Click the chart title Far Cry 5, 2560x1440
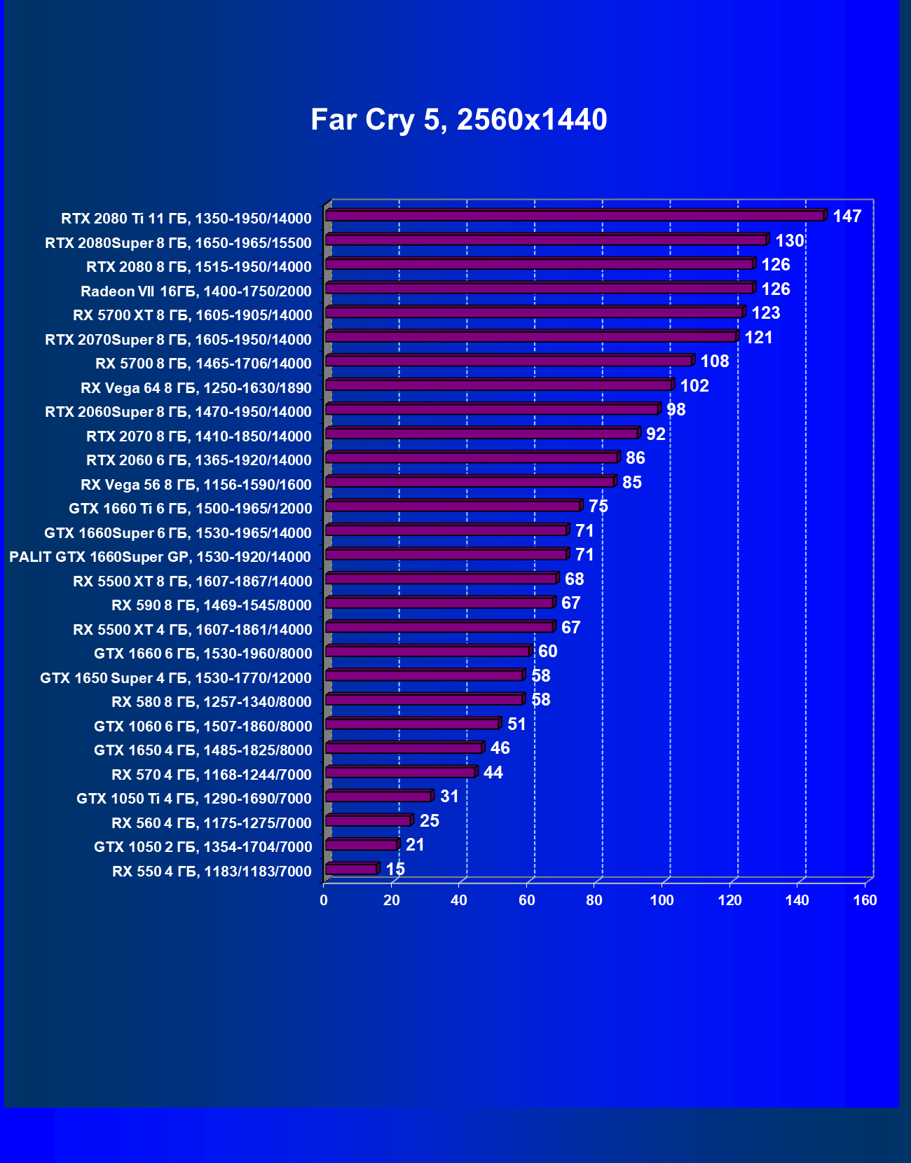click(x=458, y=120)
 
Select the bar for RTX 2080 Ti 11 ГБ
click(x=575, y=215)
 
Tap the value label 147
click(x=847, y=216)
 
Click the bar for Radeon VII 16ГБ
click(x=540, y=288)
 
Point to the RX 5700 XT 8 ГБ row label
click(x=193, y=315)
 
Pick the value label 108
click(x=715, y=362)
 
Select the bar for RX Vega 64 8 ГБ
click(x=499, y=385)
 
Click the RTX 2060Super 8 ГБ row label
click(x=178, y=412)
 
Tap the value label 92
click(x=656, y=434)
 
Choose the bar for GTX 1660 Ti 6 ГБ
click(x=453, y=506)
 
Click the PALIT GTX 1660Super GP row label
click(x=160, y=557)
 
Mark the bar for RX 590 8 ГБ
click(x=439, y=603)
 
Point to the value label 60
click(x=548, y=652)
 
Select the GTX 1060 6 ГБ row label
click(x=203, y=727)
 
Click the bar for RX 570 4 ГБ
click(x=401, y=772)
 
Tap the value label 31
click(x=449, y=797)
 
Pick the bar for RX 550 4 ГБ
click(x=352, y=869)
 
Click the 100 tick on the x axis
click(x=662, y=900)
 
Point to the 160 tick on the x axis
click(x=865, y=900)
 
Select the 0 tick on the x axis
click(x=324, y=900)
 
